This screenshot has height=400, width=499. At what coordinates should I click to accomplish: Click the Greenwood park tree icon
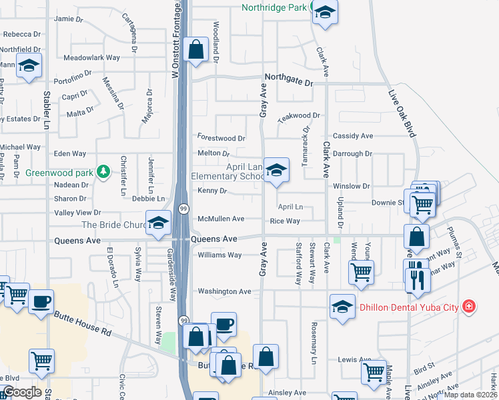click(103, 172)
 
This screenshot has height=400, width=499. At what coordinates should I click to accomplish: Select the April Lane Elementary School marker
click(276, 171)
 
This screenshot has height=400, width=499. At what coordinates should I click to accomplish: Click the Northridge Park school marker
click(325, 12)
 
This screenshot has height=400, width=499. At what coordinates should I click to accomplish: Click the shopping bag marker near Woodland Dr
click(195, 49)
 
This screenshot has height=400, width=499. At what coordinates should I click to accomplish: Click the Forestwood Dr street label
click(221, 138)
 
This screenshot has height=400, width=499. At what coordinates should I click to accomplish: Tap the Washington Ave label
click(224, 291)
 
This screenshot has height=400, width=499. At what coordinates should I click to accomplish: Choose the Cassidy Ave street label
click(353, 136)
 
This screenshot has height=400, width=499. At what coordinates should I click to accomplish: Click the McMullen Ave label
click(221, 219)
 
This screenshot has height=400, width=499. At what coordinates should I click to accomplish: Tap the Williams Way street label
click(219, 255)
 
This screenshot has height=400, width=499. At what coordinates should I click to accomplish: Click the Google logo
click(21, 392)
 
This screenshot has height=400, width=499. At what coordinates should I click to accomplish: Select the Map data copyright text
click(470, 395)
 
